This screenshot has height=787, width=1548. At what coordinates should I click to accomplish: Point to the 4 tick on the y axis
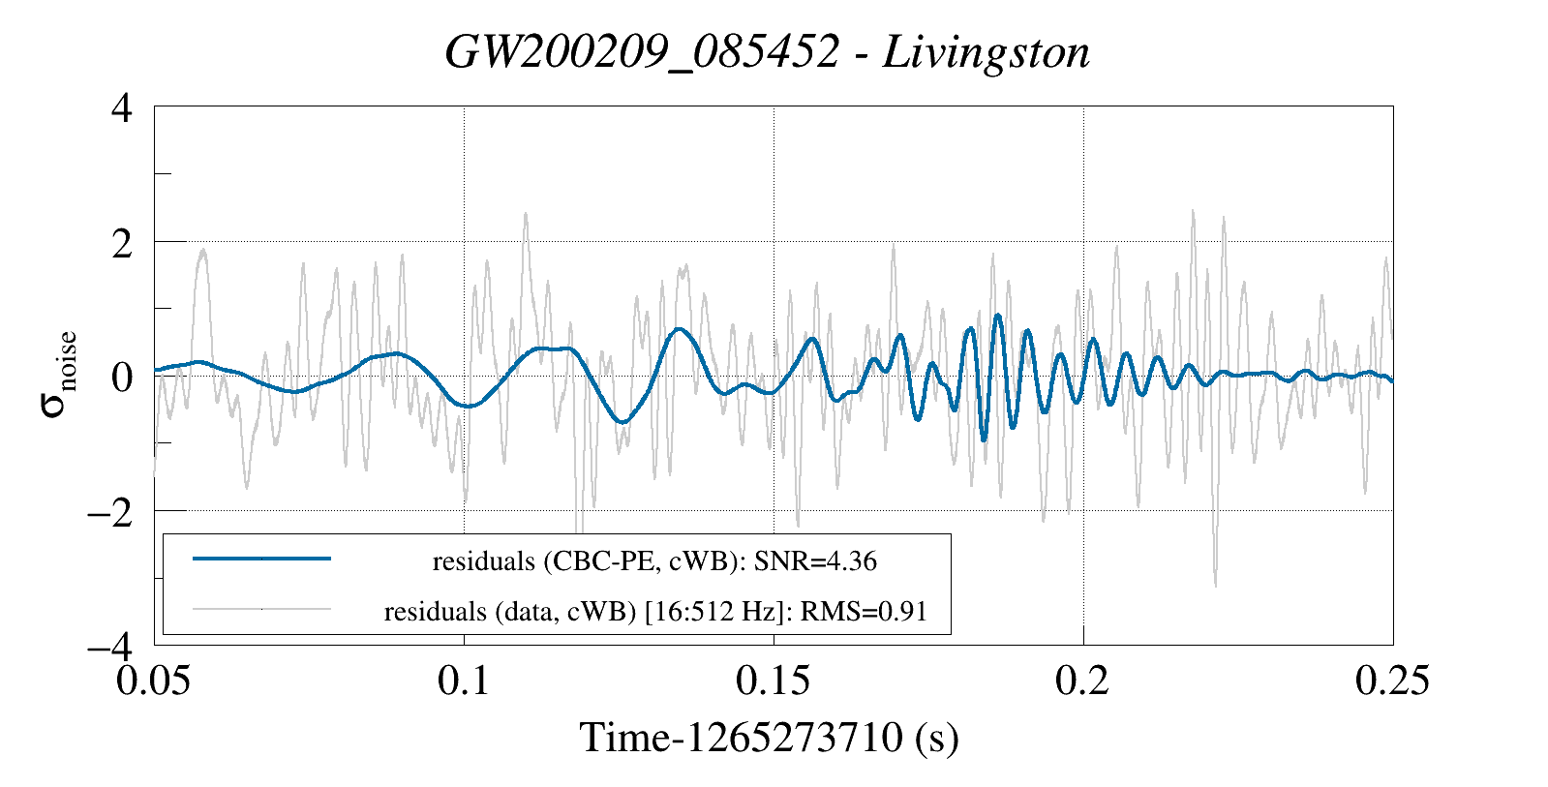pyautogui.click(x=122, y=108)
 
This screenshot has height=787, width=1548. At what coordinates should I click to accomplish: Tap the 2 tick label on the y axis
pyautogui.click(x=122, y=243)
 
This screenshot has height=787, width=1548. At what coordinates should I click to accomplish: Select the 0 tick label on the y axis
pyautogui.click(x=122, y=378)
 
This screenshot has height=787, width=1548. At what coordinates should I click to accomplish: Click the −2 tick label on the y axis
pyautogui.click(x=110, y=512)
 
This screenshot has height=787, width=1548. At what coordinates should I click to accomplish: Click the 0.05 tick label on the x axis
pyautogui.click(x=153, y=681)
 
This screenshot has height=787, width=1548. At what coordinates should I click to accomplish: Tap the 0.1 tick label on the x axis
pyautogui.click(x=464, y=681)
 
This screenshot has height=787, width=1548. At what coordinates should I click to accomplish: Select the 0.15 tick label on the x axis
pyautogui.click(x=774, y=681)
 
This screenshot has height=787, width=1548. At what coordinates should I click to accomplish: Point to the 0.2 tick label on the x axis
pyautogui.click(x=1083, y=681)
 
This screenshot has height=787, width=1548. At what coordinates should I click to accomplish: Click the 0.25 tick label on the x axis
pyautogui.click(x=1392, y=681)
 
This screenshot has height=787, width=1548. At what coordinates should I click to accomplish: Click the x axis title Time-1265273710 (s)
pyautogui.click(x=770, y=738)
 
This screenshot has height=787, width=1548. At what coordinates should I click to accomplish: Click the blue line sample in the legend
pyautogui.click(x=262, y=559)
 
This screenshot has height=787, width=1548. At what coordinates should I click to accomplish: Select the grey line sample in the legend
pyautogui.click(x=262, y=609)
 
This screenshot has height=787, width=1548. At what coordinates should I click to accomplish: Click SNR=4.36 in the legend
pyautogui.click(x=815, y=561)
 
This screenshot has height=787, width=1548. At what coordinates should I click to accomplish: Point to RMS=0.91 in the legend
pyautogui.click(x=864, y=612)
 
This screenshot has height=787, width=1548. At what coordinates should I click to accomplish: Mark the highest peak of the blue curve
pyautogui.click(x=997, y=316)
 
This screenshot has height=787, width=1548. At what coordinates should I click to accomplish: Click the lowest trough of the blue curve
pyautogui.click(x=985, y=440)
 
